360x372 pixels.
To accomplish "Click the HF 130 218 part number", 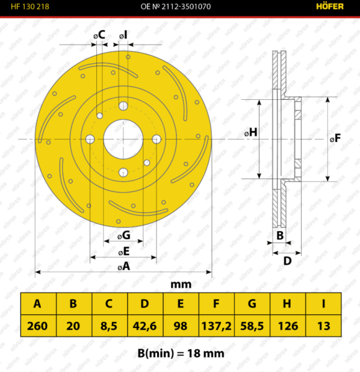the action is pyautogui.click(x=30, y=6).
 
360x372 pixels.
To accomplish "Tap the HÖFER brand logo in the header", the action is pyautogui.click(x=330, y=6).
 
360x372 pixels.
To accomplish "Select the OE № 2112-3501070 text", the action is pyautogui.click(x=176, y=6).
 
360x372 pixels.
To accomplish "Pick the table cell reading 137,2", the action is pyautogui.click(x=217, y=325).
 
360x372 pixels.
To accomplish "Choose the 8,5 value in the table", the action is pyautogui.click(x=109, y=325).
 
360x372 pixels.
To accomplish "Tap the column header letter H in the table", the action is pyautogui.click(x=287, y=303).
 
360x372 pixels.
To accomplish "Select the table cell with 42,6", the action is pyautogui.click(x=145, y=325).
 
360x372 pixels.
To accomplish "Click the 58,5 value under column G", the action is pyautogui.click(x=252, y=325).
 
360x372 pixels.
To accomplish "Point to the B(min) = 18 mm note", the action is pyautogui.click(x=181, y=353).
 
